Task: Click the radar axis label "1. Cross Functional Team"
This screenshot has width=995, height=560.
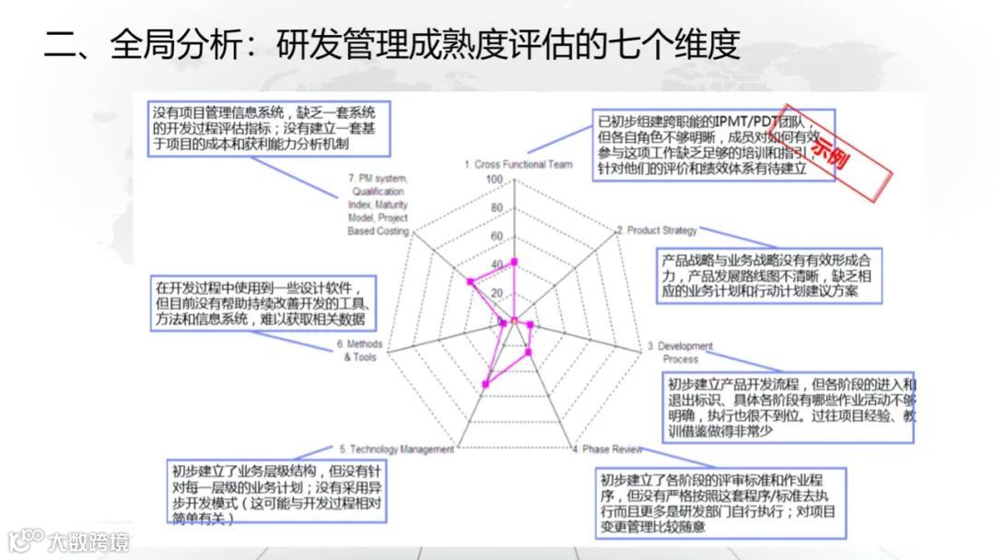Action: click(x=518, y=165)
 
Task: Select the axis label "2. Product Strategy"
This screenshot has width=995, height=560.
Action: click(x=656, y=230)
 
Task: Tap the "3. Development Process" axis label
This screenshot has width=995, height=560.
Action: click(x=680, y=352)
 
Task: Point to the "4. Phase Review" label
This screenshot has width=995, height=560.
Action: click(x=605, y=449)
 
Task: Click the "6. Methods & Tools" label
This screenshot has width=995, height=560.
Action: click(x=359, y=351)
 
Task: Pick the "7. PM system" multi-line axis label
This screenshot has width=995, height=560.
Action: click(x=378, y=204)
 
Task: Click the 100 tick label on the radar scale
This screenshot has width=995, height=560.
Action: click(x=495, y=180)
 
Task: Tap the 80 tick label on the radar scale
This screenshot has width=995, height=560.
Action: click(x=496, y=208)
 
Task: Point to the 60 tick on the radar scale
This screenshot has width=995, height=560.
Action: click(x=496, y=237)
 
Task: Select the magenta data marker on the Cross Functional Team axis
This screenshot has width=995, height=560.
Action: click(x=514, y=262)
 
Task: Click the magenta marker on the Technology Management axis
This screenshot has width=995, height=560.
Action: click(x=486, y=383)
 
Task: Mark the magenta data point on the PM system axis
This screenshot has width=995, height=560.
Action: click(x=470, y=281)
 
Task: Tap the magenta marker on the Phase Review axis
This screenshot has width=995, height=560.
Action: click(x=528, y=352)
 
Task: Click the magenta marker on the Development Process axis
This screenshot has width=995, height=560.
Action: click(x=532, y=324)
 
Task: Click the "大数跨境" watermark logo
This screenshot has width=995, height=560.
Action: click(x=68, y=541)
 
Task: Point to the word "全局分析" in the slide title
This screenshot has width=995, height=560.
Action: click(x=174, y=44)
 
